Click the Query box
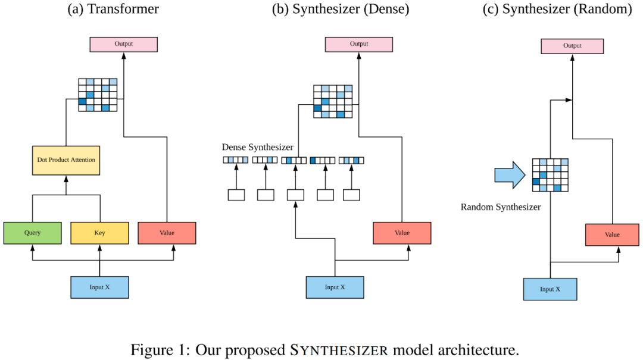(32, 233)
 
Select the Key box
(99, 233)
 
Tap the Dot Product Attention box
(66, 160)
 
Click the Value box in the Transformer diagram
(167, 233)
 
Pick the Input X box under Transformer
(99, 287)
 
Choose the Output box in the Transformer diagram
(123, 44)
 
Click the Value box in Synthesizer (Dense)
(402, 233)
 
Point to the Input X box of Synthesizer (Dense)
(335, 287)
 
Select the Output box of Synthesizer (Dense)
(359, 44)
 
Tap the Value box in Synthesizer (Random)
(612, 235)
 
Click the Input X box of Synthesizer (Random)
(550, 289)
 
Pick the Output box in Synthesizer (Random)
(572, 46)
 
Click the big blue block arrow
(510, 175)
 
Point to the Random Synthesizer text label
(501, 207)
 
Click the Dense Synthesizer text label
(258, 147)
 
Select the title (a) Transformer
(113, 9)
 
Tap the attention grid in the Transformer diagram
(98, 95)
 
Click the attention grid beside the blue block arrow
(550, 175)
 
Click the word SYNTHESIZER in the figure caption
(339, 350)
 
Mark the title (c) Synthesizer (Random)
(557, 9)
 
